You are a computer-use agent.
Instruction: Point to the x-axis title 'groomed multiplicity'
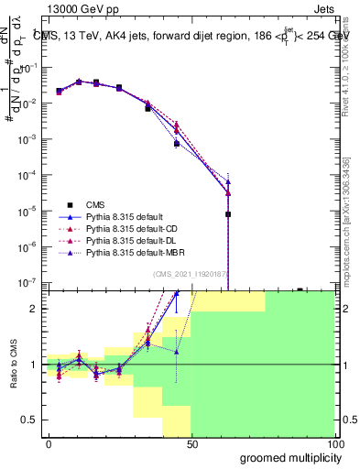(287, 457)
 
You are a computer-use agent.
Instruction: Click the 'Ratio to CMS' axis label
(14, 364)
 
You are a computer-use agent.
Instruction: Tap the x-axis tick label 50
(191, 442)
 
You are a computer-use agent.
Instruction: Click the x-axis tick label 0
(49, 442)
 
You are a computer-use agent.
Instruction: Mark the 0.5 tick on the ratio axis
(34, 420)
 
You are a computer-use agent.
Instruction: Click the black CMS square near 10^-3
(177, 144)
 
